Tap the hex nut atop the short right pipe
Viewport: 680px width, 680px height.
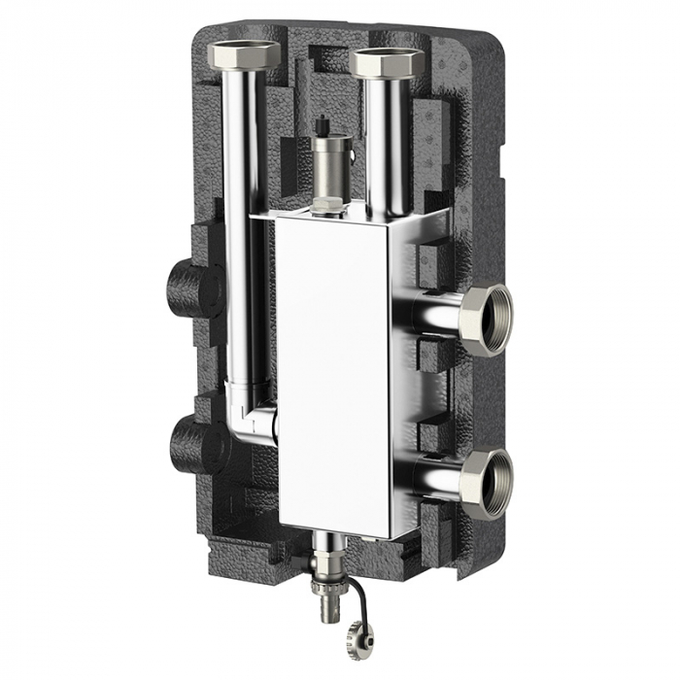387,64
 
